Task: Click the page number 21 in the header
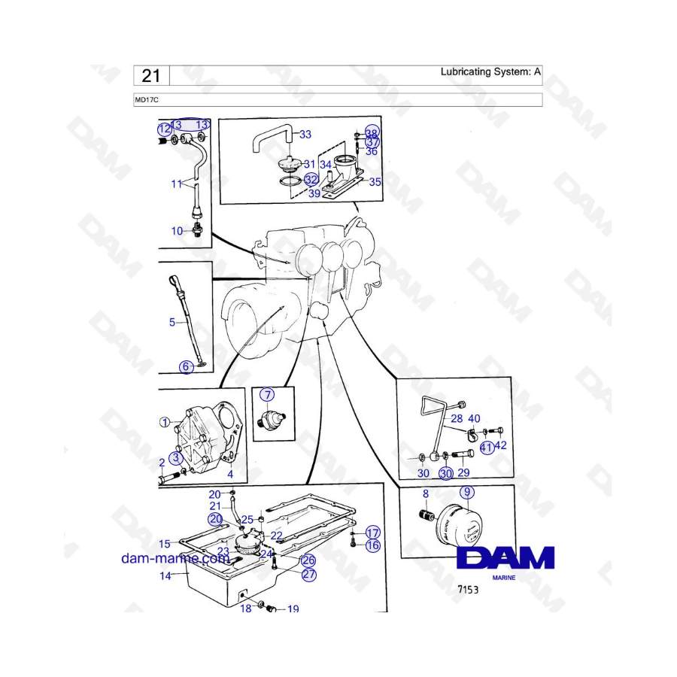pos(150,76)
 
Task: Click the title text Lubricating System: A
pos(490,71)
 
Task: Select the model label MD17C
pos(147,100)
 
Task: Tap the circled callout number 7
pos(267,395)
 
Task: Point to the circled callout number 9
pos(466,492)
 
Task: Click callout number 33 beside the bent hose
pos(305,135)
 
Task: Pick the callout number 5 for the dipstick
pos(172,322)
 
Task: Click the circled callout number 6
pos(186,366)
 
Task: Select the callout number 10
pos(177,231)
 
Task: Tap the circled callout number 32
pos(311,179)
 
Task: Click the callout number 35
pos(375,182)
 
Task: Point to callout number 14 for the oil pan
pos(165,575)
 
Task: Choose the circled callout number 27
pos(308,575)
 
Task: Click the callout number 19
pos(293,609)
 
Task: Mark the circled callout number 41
pos(487,448)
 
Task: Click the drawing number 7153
pos(468,589)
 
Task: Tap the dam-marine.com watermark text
pos(175,558)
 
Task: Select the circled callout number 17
pos(372,533)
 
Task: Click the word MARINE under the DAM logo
pos(504,578)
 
